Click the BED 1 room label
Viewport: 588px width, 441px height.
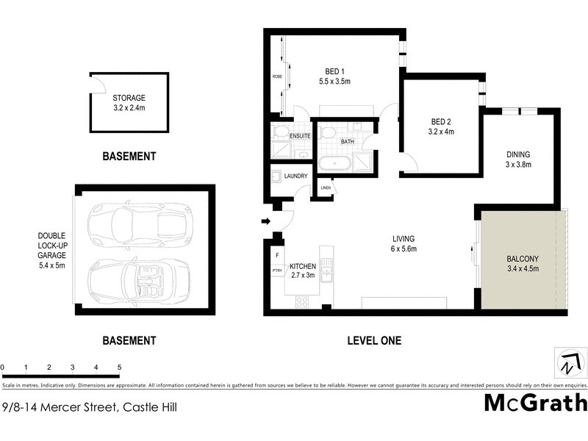point(337,71)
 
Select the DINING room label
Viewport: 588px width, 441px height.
point(518,154)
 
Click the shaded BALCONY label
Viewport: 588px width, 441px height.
point(523,259)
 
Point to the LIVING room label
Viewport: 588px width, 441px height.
point(404,239)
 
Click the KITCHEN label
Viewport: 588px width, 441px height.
point(303,266)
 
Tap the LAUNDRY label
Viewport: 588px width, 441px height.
point(295,176)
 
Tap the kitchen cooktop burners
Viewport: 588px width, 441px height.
point(302,301)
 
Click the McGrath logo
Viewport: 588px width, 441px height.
point(535,403)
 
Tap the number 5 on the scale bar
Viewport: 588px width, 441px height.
point(119,366)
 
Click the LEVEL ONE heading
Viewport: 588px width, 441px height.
point(373,341)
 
